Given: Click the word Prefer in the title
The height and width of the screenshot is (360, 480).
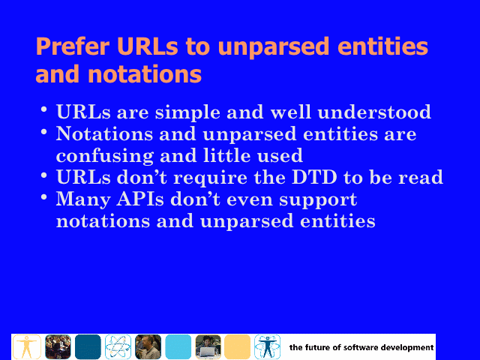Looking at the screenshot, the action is [73, 46].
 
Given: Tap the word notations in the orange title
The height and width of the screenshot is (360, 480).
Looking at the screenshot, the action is [145, 74].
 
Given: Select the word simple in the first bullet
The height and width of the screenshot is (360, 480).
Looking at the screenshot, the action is [187, 112].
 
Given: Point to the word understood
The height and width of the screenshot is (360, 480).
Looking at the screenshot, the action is [374, 112].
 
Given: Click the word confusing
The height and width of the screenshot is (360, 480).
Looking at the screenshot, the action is [104, 156].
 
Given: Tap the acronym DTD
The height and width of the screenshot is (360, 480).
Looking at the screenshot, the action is [314, 177].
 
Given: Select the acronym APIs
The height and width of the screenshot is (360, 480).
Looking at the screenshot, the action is [140, 199].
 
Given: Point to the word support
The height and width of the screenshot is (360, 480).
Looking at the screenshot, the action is [318, 200].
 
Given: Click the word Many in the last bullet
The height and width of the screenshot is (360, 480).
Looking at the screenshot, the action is [83, 200].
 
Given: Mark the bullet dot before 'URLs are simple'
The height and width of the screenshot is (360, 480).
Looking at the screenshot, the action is [43, 109].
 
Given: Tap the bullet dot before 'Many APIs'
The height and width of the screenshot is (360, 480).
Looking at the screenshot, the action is [43, 196].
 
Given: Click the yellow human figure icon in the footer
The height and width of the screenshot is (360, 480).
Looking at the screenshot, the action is [27, 346].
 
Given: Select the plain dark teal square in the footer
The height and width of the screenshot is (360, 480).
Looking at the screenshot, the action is [88, 346].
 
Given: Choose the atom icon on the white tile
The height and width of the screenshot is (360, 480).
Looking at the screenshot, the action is [118, 346].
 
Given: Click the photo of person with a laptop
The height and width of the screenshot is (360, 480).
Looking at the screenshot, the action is [208, 346].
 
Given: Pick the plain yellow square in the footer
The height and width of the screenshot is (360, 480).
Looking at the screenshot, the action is [237, 346].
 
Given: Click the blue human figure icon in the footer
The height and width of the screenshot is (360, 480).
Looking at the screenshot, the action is [267, 346].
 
